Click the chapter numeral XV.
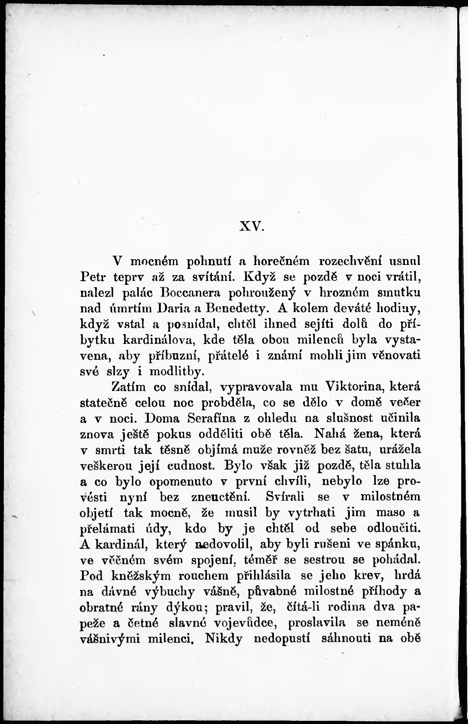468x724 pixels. coord(252,227)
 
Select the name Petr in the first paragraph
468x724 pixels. coord(93,277)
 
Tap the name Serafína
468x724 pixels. coord(212,419)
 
